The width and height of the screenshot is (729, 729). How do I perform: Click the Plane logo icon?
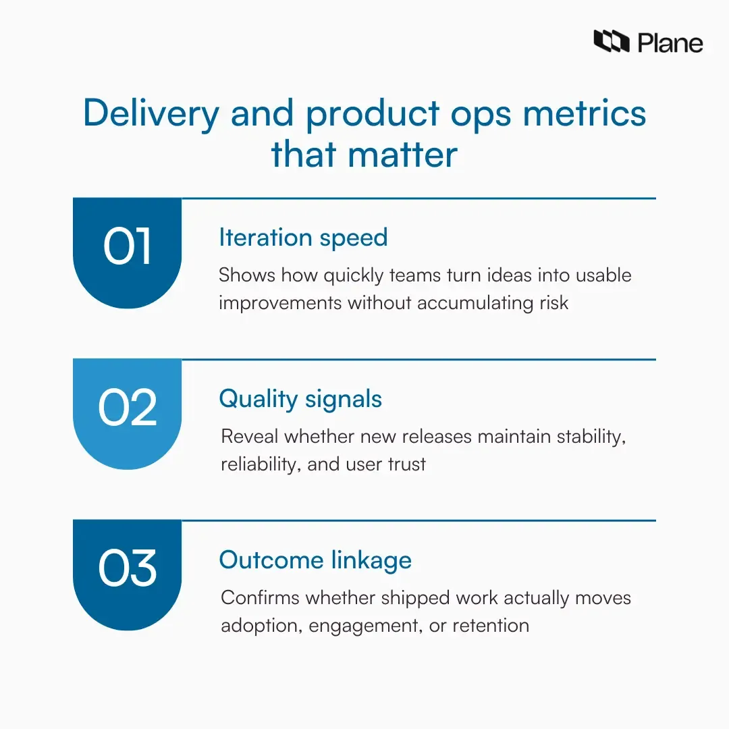(x=611, y=42)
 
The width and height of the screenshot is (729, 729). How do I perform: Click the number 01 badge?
(x=128, y=248)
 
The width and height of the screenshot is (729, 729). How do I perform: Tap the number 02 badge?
(x=128, y=408)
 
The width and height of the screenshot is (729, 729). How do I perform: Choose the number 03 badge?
(x=128, y=569)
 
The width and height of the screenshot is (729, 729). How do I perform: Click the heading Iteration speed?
(x=303, y=238)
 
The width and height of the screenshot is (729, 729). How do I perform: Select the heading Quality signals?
(x=300, y=399)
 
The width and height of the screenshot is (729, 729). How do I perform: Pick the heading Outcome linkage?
(x=315, y=560)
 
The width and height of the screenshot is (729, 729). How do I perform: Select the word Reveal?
(x=250, y=437)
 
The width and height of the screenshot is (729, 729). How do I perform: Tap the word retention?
(x=491, y=625)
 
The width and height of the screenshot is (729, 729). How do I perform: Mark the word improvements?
(x=279, y=302)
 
